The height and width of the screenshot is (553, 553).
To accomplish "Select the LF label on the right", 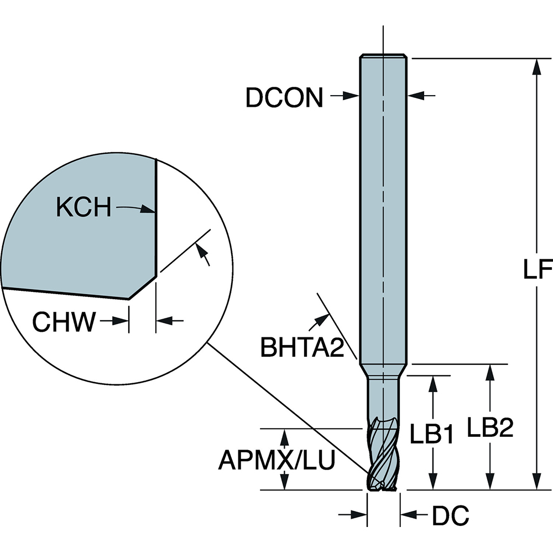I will (537, 270).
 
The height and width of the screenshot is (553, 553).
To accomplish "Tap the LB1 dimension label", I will (431, 435).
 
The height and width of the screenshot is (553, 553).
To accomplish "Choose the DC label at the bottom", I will (450, 516).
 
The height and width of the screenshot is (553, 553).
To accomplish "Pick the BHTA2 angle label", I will (302, 348).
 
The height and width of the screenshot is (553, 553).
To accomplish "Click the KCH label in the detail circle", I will (84, 208).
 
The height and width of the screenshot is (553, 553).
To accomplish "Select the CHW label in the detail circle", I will (64, 322).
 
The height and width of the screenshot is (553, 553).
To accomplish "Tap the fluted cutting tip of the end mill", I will (383, 462).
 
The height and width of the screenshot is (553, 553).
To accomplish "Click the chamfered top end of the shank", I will (384, 56).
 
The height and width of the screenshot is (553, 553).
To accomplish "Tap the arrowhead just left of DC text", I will (408, 515).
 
